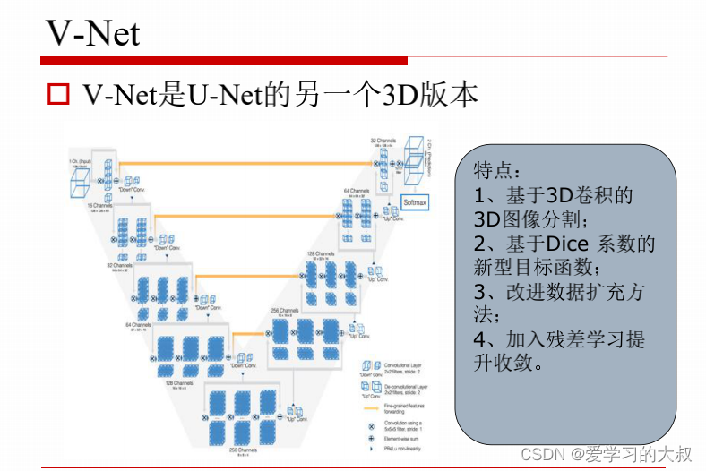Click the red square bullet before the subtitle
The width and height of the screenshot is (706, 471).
(x=58, y=94)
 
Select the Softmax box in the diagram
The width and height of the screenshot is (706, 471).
(x=416, y=203)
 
